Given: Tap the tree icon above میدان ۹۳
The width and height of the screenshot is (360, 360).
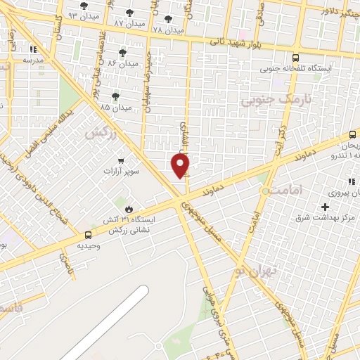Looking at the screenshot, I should pyautogui.click(x=84, y=6).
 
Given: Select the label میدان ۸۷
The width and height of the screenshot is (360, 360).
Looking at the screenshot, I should pyautogui.click(x=129, y=23).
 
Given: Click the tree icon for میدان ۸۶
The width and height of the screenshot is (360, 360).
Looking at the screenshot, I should pyautogui.click(x=122, y=53).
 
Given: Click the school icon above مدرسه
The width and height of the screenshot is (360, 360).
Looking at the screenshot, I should pyautogui.click(x=33, y=50).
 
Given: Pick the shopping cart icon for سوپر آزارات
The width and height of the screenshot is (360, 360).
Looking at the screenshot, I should pyautogui.click(x=122, y=161).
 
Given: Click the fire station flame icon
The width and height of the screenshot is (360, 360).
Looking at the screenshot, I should pyautogui.click(x=129, y=209).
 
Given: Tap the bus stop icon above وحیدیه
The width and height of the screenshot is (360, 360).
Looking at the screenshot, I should pyautogui.click(x=88, y=235).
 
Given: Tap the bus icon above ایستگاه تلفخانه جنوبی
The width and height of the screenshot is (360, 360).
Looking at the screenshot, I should pyautogui.click(x=295, y=58).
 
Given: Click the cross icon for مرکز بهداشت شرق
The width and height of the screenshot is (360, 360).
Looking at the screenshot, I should pyautogui.click(x=325, y=207).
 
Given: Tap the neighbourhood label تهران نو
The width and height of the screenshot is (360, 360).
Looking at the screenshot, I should pyautogui.click(x=257, y=269).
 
